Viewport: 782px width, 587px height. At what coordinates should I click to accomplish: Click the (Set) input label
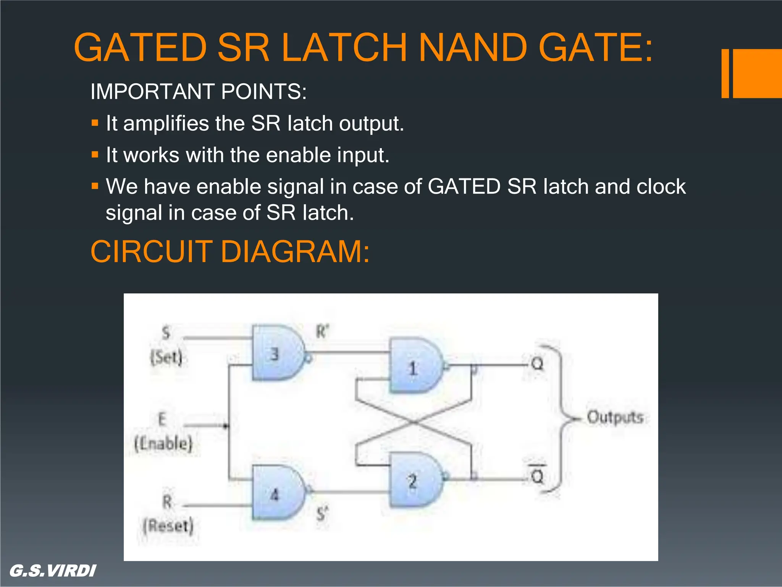[166, 358]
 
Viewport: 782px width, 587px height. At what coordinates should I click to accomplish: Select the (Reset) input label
[168, 526]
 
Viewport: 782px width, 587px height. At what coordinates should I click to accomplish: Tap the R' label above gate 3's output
[322, 331]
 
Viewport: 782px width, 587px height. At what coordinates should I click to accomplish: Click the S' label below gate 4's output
[322, 514]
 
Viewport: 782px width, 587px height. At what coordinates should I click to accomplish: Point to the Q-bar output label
[537, 475]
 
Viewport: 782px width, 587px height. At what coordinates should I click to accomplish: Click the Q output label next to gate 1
[537, 364]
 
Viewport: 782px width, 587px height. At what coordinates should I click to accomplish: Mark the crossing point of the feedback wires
[414, 422]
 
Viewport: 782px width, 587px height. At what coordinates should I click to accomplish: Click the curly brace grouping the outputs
[559, 418]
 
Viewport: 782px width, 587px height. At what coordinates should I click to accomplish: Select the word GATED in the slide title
[141, 47]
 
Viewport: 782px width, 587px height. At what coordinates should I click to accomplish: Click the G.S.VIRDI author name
[53, 571]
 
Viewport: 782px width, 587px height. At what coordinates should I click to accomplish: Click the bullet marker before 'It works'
[95, 155]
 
